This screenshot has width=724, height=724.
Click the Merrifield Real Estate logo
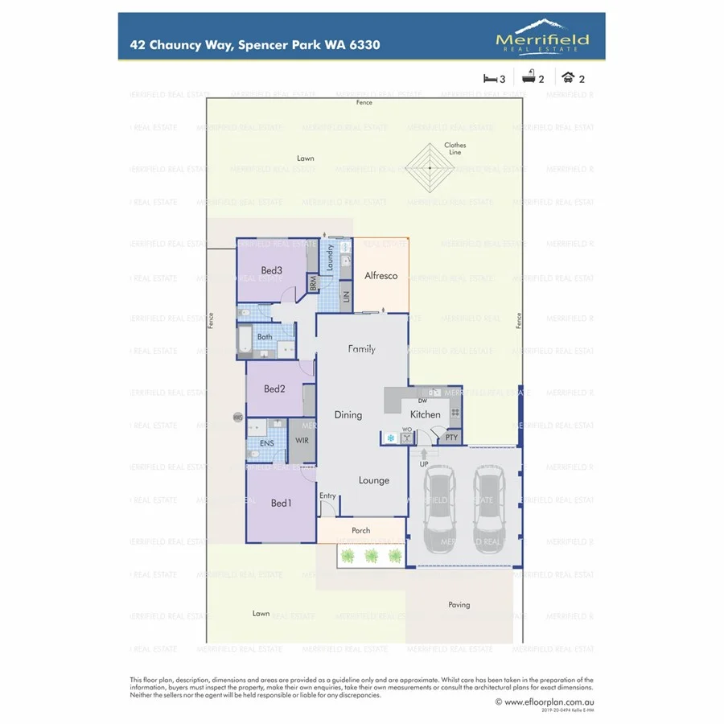(542, 37)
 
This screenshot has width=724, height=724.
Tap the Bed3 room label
(271, 270)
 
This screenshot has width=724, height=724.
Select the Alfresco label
(381, 276)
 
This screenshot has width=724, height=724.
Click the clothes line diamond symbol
(430, 168)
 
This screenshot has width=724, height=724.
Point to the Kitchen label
(426, 414)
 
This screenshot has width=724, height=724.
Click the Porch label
(361, 531)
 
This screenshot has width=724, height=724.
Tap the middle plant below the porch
(371, 556)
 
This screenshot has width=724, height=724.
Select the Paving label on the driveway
(459, 605)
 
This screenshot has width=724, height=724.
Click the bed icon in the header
(490, 78)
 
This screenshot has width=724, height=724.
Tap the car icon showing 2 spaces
(568, 78)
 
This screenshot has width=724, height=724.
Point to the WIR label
(302, 441)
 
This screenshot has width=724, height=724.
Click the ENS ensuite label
(267, 443)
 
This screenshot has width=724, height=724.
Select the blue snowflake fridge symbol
(391, 438)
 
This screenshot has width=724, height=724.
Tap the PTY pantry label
(451, 438)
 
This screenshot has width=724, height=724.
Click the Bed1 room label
(281, 504)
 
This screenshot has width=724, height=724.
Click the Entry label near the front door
(327, 496)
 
